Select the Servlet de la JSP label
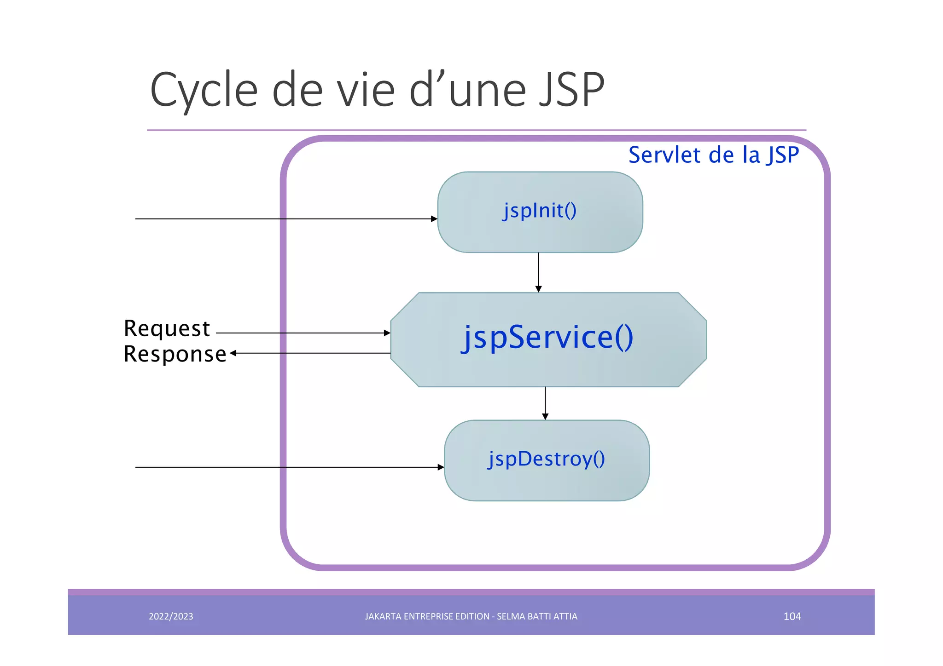(713, 155)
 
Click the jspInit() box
(540, 212)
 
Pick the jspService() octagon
(548, 339)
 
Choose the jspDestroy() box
(547, 459)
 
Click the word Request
(167, 328)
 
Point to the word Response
(175, 354)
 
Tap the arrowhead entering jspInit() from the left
(434, 219)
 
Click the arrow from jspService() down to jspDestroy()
(545, 403)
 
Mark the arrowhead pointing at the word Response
(233, 353)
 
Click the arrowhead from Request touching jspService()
(387, 333)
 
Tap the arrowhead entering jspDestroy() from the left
(441, 467)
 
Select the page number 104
(792, 616)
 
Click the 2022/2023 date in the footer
(171, 616)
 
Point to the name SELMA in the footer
(510, 616)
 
